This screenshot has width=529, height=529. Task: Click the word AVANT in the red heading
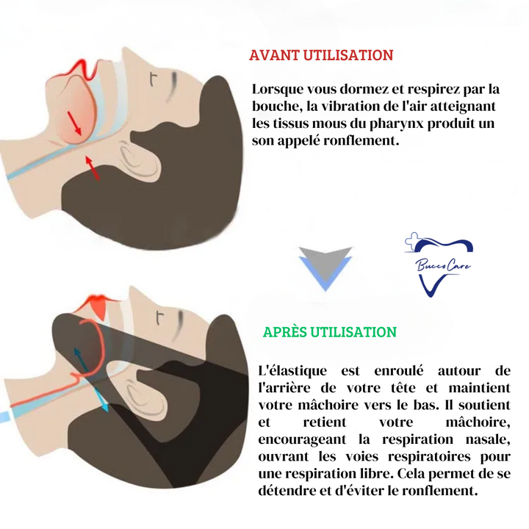coord(274,55)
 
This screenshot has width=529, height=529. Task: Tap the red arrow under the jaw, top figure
coord(92,168)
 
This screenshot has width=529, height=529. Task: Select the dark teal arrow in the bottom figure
coord(81,359)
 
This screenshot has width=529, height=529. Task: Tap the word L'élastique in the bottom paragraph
coord(292,370)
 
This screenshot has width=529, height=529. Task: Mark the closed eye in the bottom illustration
coord(179,326)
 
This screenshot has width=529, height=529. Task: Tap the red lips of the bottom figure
coord(97,306)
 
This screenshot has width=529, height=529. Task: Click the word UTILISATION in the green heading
coord(353,332)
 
